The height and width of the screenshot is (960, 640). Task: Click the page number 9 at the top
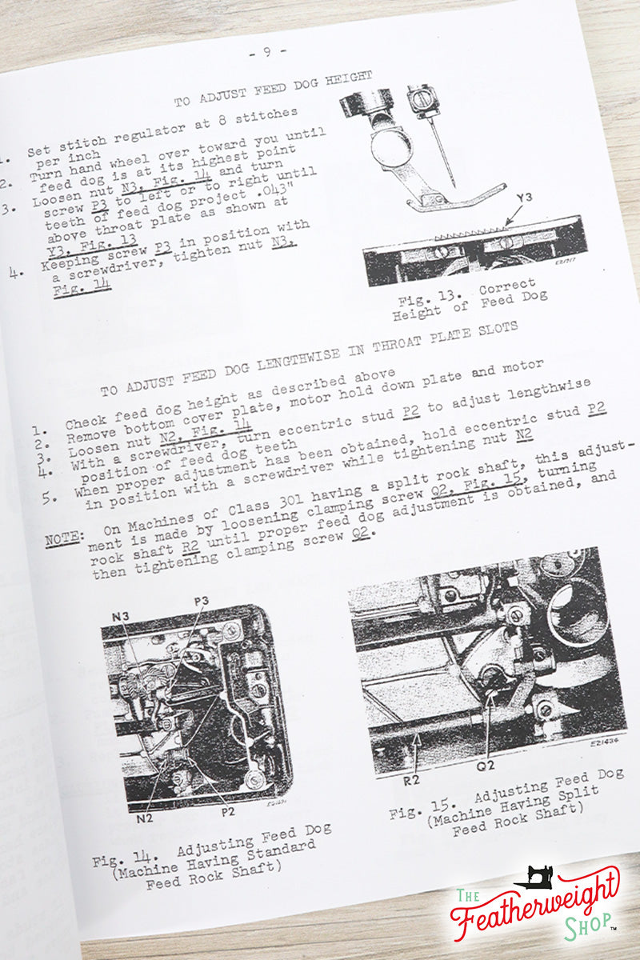tap(266, 53)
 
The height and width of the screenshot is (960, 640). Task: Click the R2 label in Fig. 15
tap(411, 779)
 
